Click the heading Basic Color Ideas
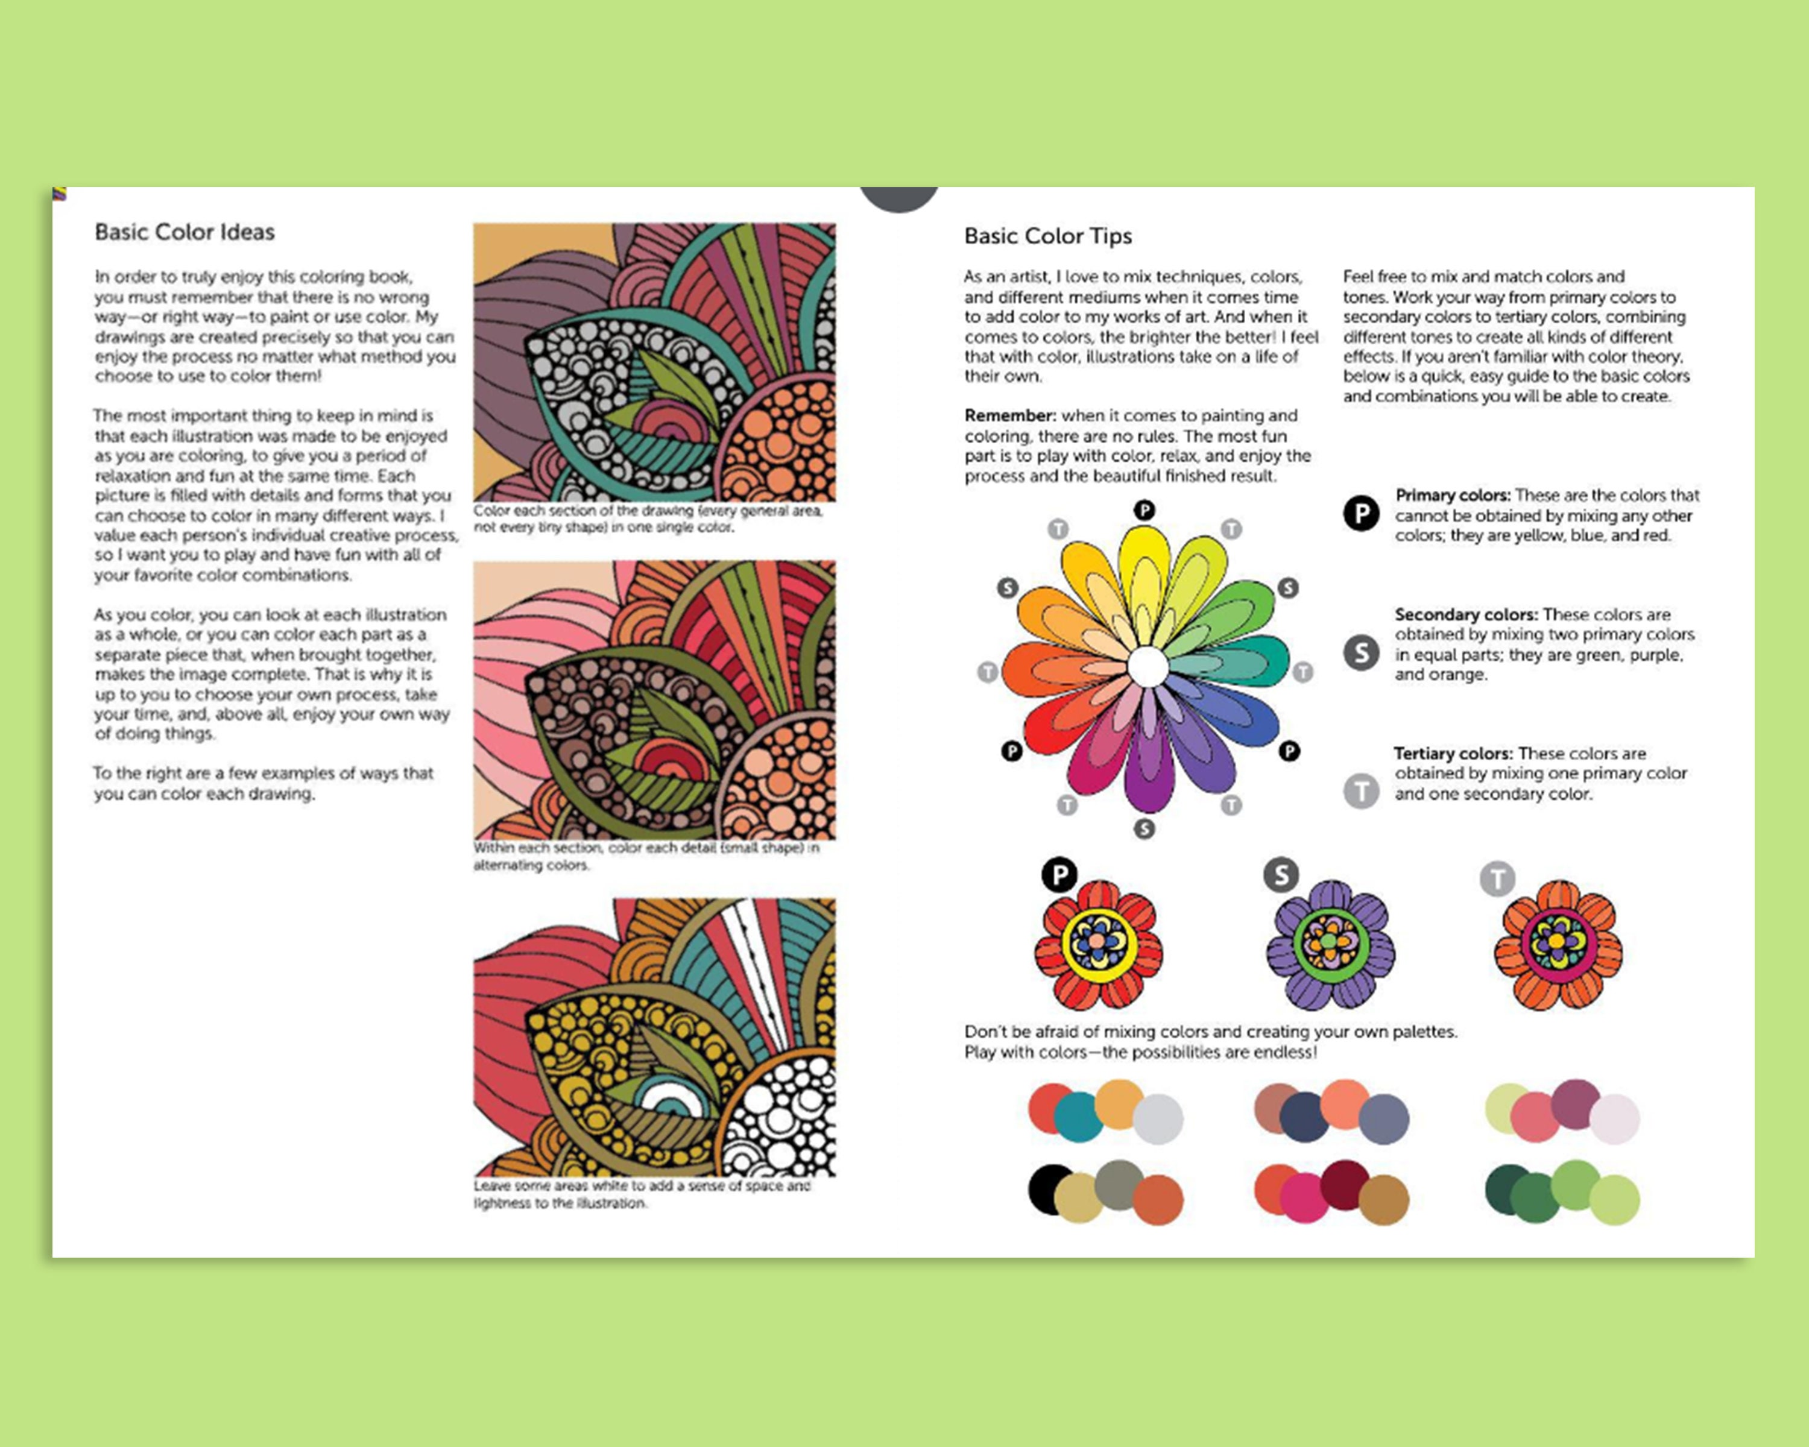click(x=185, y=232)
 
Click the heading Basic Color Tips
click(x=1048, y=236)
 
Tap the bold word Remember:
click(x=1009, y=416)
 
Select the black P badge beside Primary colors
click(x=1361, y=513)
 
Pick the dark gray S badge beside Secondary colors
click(x=1361, y=652)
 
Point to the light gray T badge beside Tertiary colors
click(x=1361, y=790)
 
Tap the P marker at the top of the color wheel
click(x=1144, y=510)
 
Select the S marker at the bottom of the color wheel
click(x=1144, y=829)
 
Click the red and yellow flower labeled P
click(x=1098, y=945)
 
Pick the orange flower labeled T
click(x=1558, y=945)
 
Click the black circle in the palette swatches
click(x=1047, y=1188)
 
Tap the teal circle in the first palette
click(x=1078, y=1117)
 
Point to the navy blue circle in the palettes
click(x=1303, y=1117)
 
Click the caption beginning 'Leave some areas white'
click(x=642, y=1194)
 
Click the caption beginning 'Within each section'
click(x=646, y=857)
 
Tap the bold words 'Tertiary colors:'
click(x=1454, y=753)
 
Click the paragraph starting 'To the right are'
click(x=264, y=783)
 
